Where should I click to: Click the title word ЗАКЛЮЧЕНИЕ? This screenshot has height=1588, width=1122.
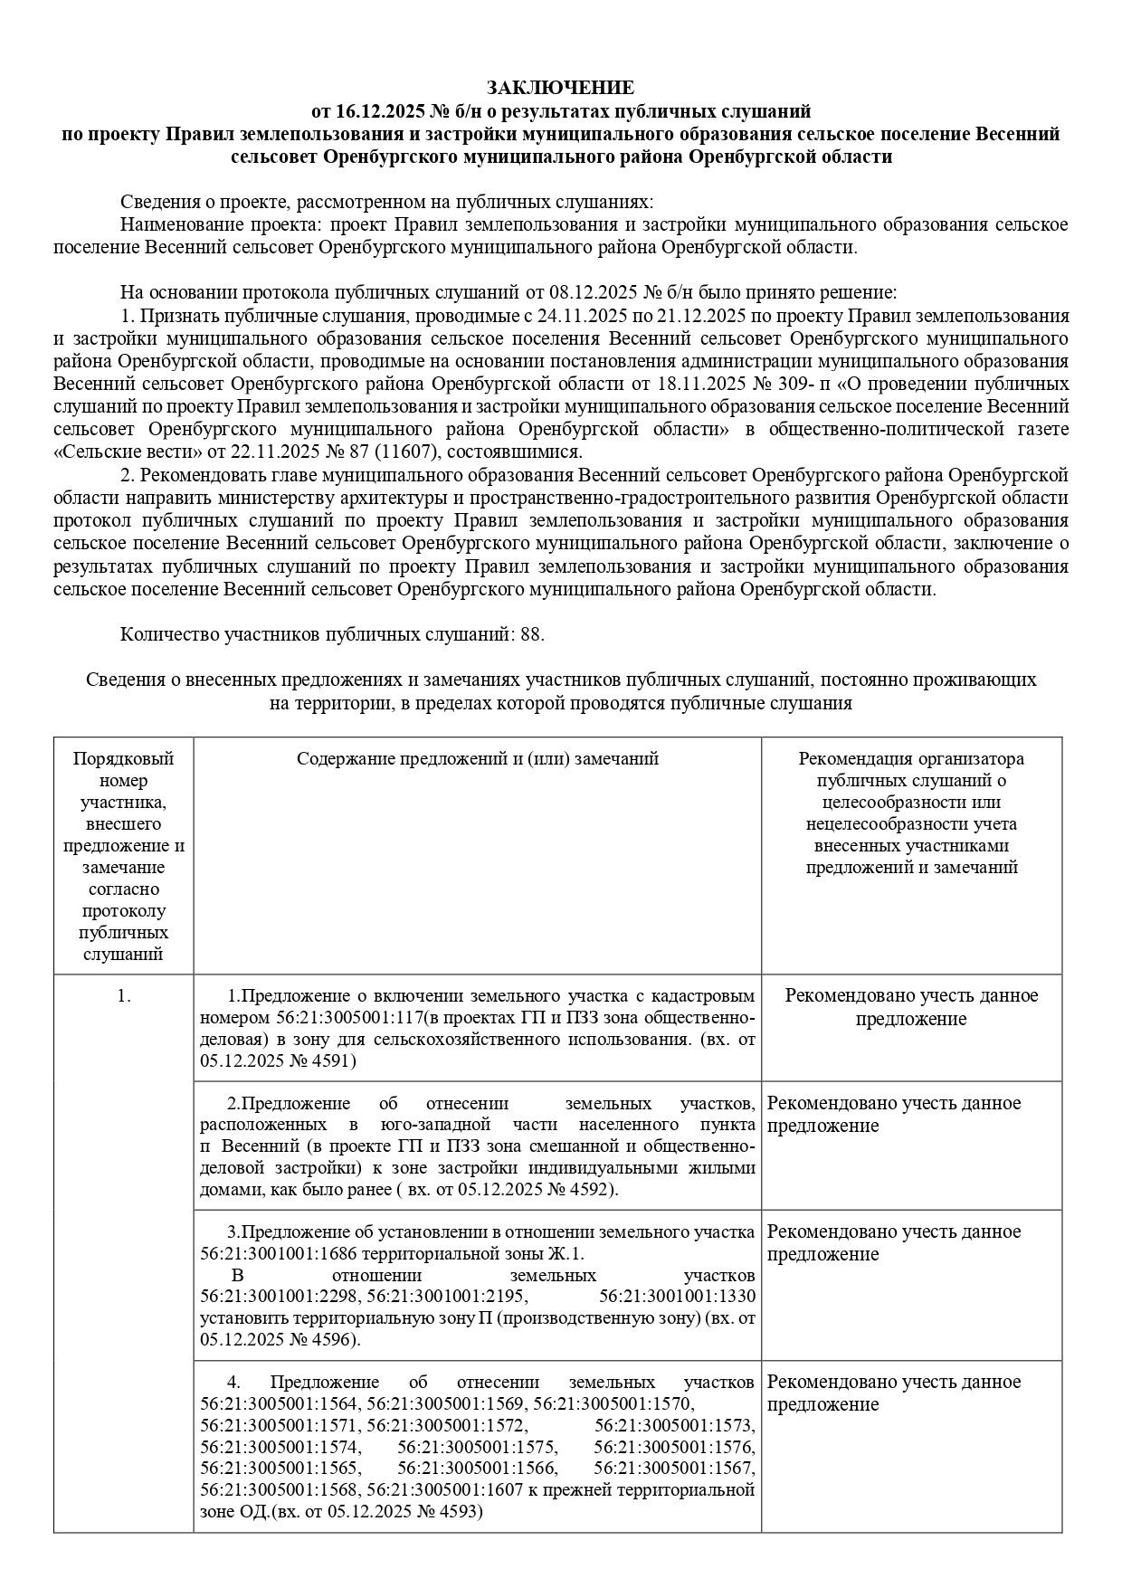coord(560,88)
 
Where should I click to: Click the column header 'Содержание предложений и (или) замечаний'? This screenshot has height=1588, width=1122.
coord(477,758)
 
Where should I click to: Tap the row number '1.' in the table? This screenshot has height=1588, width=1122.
coord(123,996)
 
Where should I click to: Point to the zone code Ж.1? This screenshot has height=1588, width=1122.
coord(568,1254)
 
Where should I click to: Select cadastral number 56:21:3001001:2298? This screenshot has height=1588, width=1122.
coord(279,1297)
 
